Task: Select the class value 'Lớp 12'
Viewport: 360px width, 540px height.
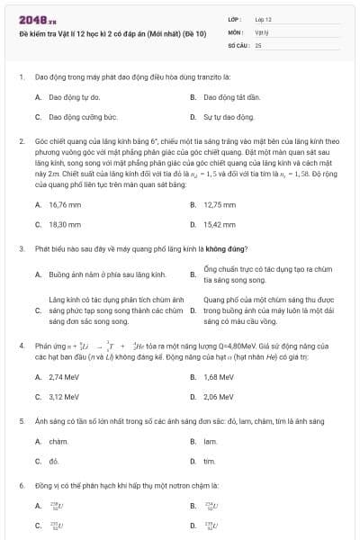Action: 263,19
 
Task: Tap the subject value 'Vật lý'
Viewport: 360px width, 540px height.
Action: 262,31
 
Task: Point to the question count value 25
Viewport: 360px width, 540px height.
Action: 258,44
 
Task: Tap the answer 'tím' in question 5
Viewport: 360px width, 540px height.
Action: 209,462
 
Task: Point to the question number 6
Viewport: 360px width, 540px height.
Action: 21,485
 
